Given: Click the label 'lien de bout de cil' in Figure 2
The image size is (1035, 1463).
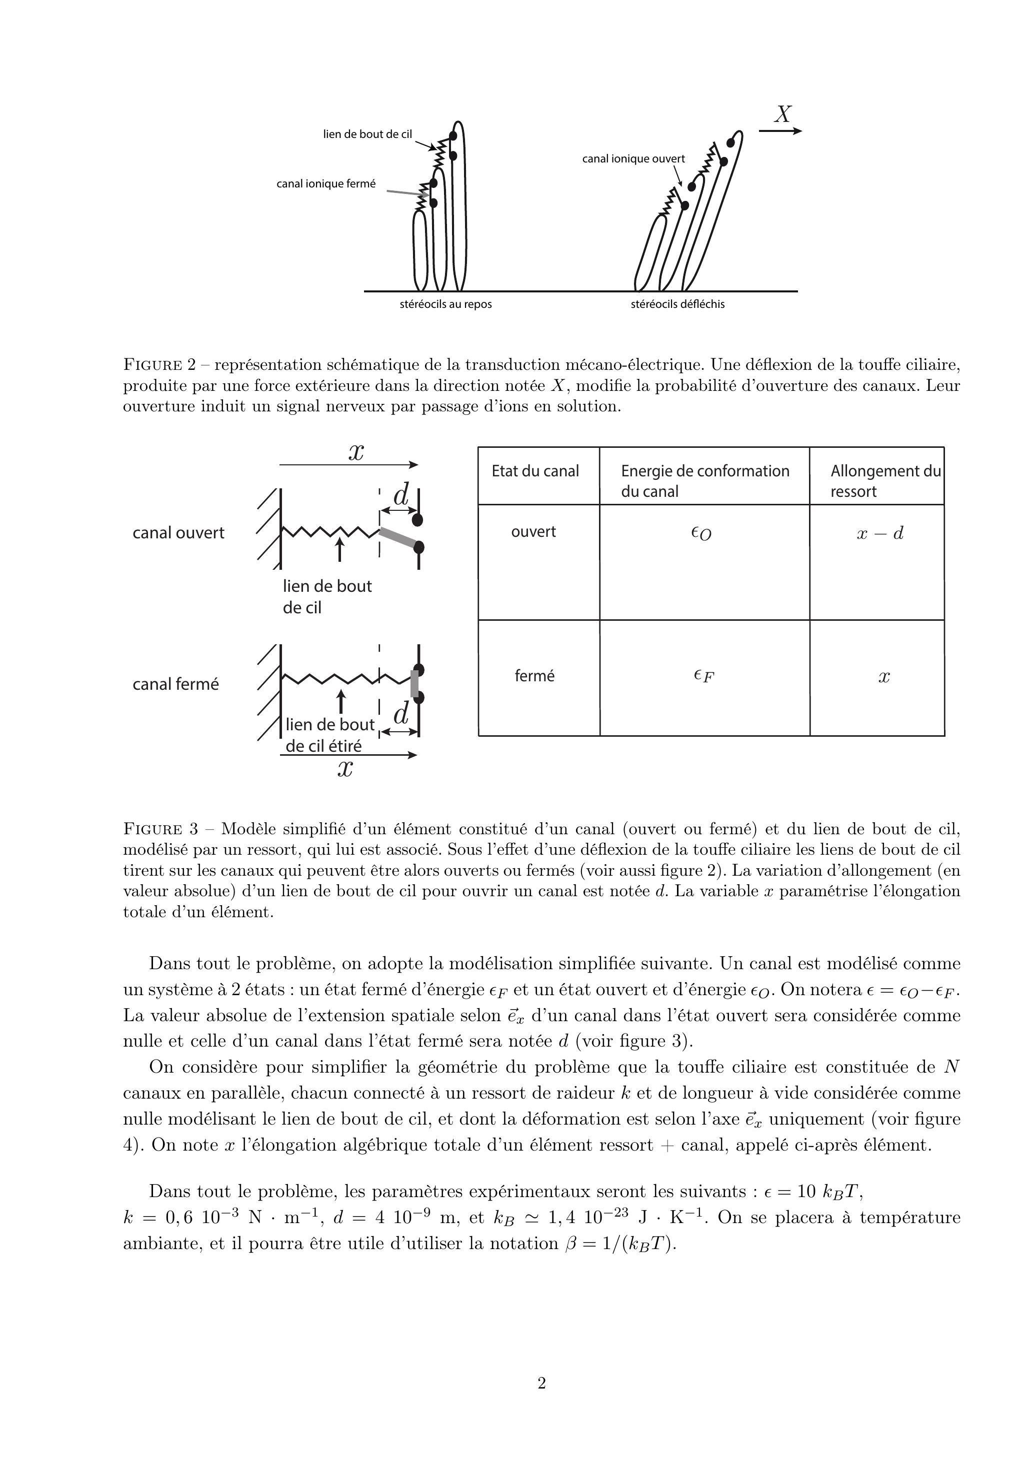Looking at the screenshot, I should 367,134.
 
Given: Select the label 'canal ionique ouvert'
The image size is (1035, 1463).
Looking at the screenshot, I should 633,158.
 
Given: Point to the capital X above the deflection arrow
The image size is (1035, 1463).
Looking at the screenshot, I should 782,114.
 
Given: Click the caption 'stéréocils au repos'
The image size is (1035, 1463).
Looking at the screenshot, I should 445,304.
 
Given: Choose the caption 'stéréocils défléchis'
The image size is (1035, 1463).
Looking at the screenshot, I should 677,304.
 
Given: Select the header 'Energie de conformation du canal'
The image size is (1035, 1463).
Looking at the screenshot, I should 704,481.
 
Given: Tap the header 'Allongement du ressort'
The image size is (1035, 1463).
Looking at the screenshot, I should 884,481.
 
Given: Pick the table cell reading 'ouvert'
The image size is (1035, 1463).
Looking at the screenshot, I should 533,532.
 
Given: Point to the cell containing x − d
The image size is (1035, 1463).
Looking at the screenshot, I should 880,533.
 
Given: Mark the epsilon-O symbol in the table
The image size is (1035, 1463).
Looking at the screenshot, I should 701,534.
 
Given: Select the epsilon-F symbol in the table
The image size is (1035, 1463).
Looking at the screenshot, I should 703,676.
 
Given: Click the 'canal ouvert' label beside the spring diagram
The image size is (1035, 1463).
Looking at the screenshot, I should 178,533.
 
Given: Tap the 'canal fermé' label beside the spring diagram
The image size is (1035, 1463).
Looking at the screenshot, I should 175,684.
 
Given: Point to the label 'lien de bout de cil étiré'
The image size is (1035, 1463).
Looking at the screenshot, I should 328,735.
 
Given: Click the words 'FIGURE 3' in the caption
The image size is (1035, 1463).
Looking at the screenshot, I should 160,830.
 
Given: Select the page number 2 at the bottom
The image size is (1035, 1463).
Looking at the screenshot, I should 541,1384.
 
